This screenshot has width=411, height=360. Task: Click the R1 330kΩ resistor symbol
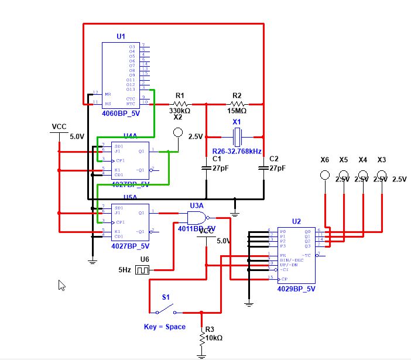[x=180, y=104]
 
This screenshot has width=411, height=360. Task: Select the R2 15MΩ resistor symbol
[x=237, y=104]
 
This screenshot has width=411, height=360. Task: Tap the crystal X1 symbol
[x=237, y=136]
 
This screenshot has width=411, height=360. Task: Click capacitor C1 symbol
[x=206, y=169]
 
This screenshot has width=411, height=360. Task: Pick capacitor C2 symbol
[x=263, y=169]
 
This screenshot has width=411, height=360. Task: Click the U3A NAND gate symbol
[x=197, y=218]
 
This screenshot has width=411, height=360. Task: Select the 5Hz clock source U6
[x=142, y=270]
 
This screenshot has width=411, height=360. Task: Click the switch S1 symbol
[x=167, y=308]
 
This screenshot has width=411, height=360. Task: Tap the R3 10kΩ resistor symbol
[x=201, y=338]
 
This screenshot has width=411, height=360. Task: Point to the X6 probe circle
[x=325, y=174]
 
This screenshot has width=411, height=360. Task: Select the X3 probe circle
[x=382, y=174]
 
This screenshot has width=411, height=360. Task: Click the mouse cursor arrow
[x=61, y=284]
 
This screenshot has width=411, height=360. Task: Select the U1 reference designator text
[x=121, y=36]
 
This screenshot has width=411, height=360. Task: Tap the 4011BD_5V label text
[x=197, y=228]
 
